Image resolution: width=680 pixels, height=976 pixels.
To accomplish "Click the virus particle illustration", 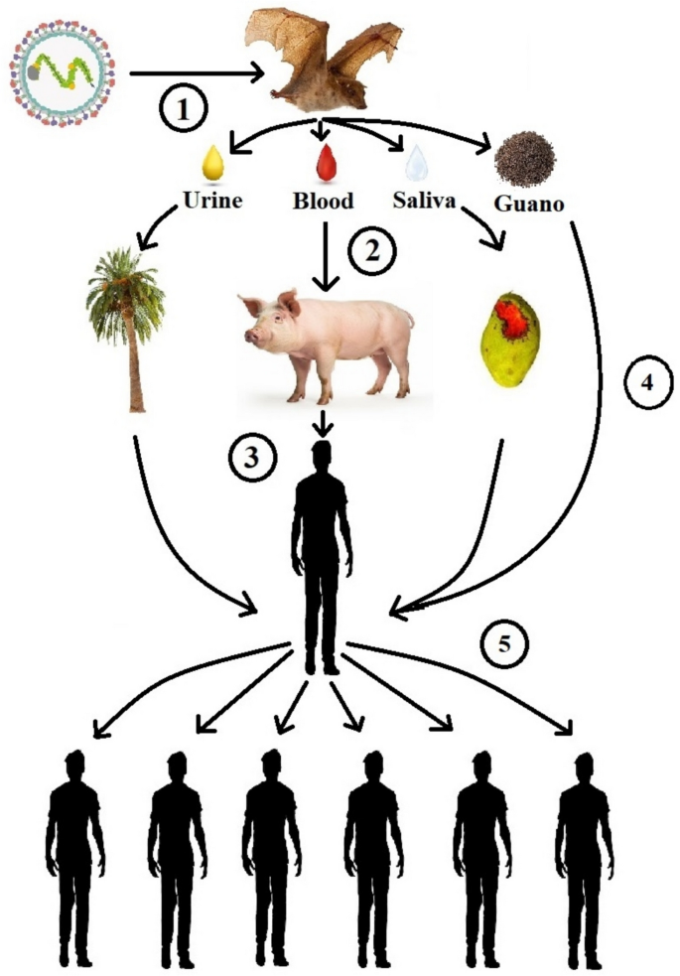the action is click(x=63, y=72).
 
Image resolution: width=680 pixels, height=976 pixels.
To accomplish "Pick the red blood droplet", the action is click(x=326, y=163).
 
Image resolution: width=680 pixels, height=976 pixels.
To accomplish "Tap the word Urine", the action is click(x=212, y=200).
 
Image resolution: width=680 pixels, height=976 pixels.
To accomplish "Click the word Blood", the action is click(x=323, y=201).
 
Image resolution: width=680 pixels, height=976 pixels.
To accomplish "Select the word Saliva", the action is click(x=424, y=200).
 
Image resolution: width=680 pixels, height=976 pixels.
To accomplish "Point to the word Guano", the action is click(x=529, y=203).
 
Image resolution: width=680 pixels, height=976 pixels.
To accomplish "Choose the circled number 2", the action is click(x=371, y=251).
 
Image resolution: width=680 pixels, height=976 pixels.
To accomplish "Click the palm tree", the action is click(x=127, y=329).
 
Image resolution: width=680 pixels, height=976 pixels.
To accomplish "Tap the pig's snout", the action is click(x=251, y=337).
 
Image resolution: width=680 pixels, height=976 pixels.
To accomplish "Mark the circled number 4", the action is click(x=648, y=383).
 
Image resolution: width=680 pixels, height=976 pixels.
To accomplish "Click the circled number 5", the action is click(x=504, y=643).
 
